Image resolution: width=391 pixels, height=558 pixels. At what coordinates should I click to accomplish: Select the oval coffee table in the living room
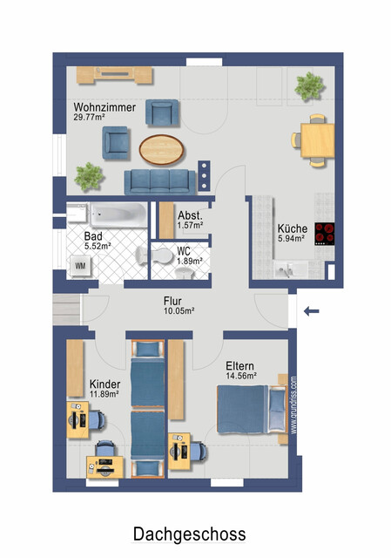(162, 149)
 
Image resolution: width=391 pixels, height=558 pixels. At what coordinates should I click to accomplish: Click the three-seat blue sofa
(159, 181)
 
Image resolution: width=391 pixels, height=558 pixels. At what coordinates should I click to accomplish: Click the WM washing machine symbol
(80, 265)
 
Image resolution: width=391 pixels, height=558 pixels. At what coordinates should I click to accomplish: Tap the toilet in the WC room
(163, 256)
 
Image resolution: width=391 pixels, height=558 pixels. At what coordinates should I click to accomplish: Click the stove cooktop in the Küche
(326, 234)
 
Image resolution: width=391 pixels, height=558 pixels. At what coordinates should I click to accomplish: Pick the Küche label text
(291, 228)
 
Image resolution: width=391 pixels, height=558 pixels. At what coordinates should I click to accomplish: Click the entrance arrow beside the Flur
(311, 310)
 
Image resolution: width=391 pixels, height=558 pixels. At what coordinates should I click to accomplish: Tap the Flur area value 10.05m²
(179, 311)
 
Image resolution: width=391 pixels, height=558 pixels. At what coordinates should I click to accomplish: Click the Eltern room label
(239, 367)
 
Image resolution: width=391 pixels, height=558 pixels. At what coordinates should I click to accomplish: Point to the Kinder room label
(105, 384)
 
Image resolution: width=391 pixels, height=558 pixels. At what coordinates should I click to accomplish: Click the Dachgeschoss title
(189, 534)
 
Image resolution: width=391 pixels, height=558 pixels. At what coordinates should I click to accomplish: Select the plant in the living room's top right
(309, 85)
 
